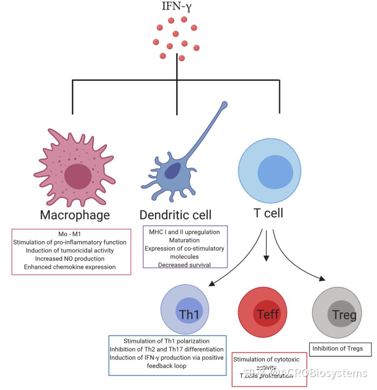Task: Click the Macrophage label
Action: [75, 215]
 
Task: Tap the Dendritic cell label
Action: [175, 215]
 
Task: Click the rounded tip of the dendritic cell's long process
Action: [224, 104]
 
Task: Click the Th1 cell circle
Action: [185, 310]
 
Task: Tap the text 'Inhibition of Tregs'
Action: [337, 348]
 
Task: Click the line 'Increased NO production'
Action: [70, 259]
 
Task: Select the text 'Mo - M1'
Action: [69, 234]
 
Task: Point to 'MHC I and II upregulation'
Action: [184, 232]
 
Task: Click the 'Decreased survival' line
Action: [184, 265]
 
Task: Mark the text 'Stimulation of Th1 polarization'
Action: [167, 341]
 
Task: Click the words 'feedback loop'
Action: [167, 366]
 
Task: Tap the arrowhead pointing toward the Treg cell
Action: [322, 279]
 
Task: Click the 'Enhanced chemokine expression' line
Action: [70, 267]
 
